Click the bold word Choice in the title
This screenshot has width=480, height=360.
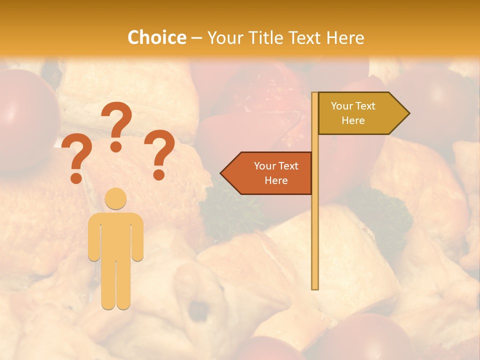[x=156, y=38]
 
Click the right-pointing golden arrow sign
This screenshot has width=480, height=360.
[x=362, y=113]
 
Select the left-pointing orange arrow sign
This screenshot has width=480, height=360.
[x=267, y=173]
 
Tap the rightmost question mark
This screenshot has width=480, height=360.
[x=159, y=154]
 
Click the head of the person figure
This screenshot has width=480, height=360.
[x=115, y=198]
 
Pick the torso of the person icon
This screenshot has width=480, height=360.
[x=115, y=235]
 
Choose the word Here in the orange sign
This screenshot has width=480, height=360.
[x=276, y=180]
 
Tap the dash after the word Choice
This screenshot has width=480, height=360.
[x=196, y=38]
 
